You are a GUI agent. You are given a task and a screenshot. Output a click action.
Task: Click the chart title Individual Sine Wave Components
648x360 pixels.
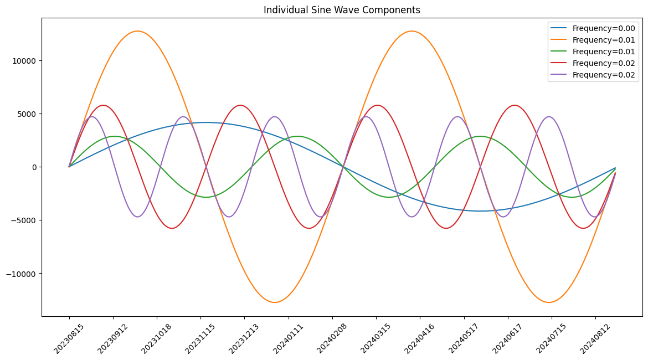342,10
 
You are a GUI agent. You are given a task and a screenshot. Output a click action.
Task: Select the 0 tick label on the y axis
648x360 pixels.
34,167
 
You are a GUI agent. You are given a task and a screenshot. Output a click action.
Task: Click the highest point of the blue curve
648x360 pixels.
206,122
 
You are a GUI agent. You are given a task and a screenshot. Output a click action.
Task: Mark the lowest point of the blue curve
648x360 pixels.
480,211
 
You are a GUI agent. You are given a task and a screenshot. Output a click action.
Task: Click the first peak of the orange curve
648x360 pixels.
137,31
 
